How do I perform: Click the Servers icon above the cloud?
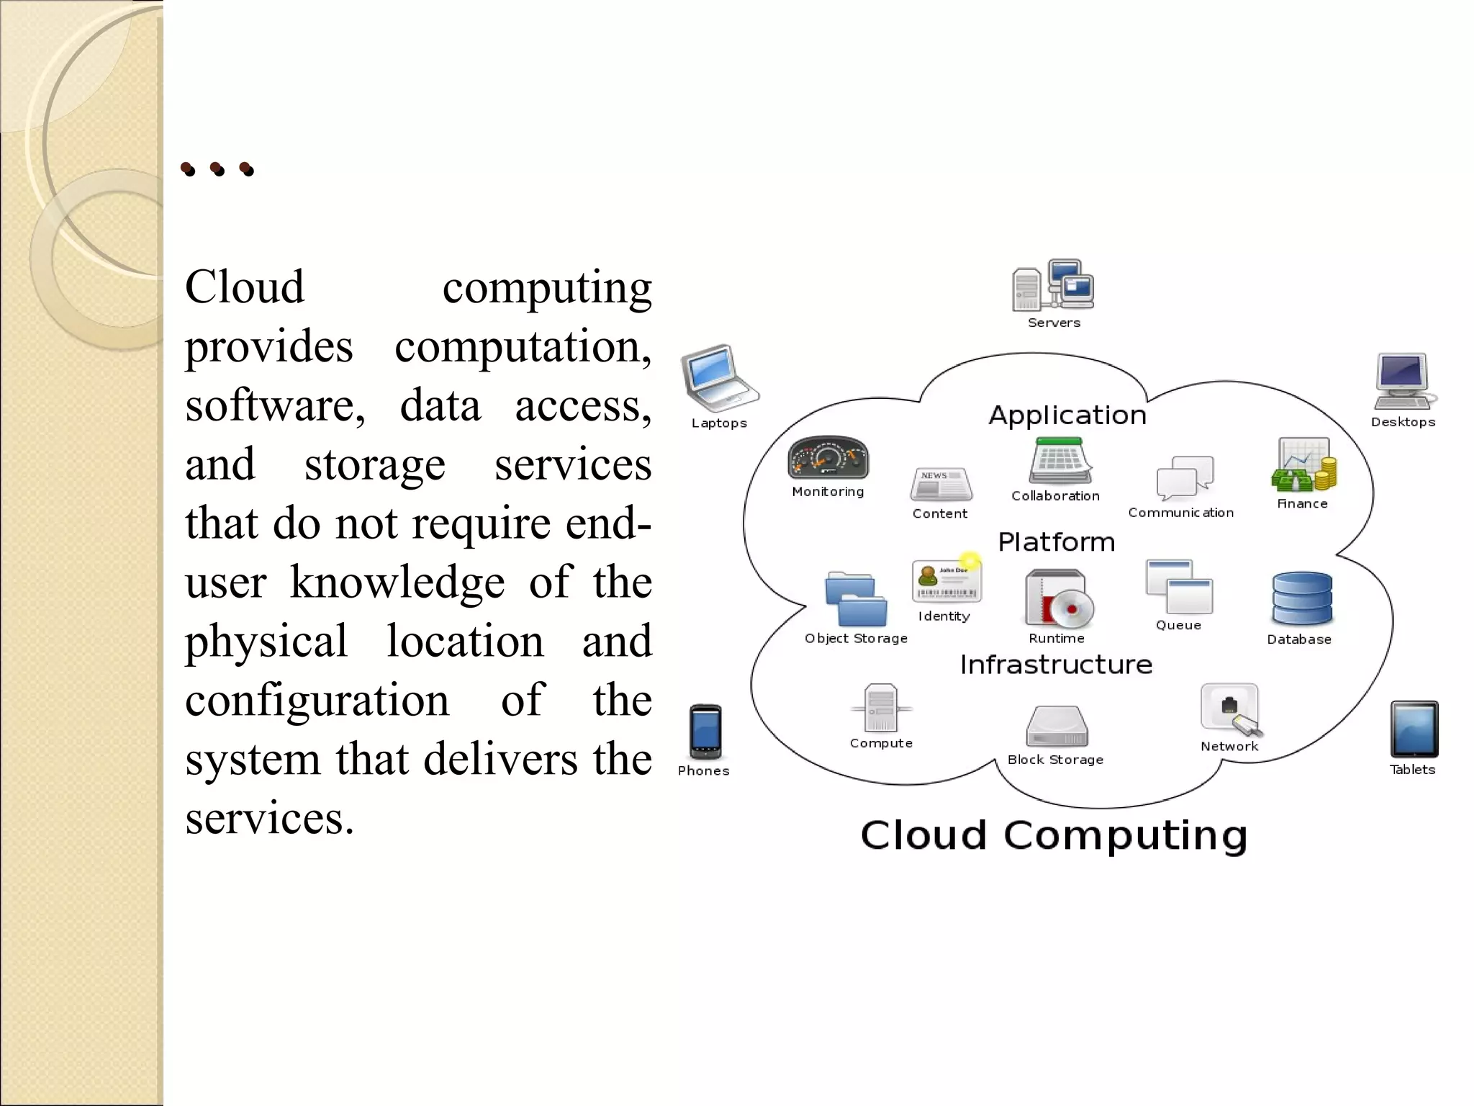pos(1053,286)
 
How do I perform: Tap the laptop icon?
pos(718,377)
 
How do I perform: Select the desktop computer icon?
pos(1403,381)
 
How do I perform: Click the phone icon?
pos(705,731)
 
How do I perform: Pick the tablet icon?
pos(1414,729)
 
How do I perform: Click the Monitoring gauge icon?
pos(828,458)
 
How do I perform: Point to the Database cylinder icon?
pos(1301,598)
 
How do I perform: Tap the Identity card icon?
pos(946,581)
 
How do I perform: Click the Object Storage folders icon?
pos(856,600)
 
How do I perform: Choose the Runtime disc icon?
pos(1058,598)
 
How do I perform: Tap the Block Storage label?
pos(1055,760)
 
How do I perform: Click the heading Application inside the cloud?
pos(1067,415)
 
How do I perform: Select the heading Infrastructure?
pos(1056,665)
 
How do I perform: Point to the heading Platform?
pos(1056,542)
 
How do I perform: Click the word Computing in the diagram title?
pos(1125,836)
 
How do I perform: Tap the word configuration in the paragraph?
pos(317,700)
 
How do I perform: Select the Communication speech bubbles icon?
pos(1185,477)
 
